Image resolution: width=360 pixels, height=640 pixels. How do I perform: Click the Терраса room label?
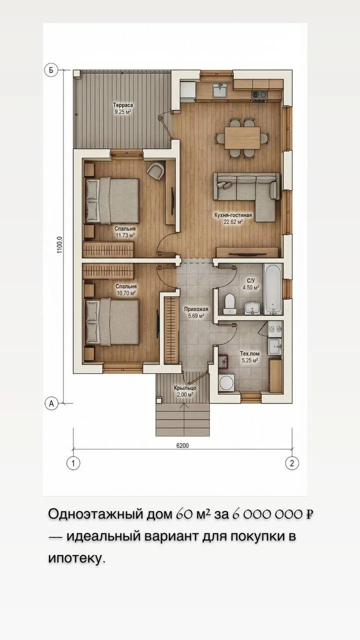[123, 105]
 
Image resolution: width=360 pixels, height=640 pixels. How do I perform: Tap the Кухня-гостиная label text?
[233, 215]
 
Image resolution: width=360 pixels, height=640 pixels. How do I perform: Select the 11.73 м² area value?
[125, 235]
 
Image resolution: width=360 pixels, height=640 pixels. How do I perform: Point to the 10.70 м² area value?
[126, 293]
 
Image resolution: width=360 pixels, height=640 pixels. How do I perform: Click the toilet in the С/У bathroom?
[229, 303]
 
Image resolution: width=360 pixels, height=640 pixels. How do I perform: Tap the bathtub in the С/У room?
[273, 289]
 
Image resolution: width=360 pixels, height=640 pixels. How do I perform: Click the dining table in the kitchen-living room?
[242, 138]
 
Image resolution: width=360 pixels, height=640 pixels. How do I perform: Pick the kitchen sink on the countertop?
[219, 90]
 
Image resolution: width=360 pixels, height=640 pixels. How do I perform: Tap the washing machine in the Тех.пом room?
[226, 382]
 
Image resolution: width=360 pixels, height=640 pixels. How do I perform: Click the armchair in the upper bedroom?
[155, 171]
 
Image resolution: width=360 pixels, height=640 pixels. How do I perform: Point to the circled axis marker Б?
[51, 69]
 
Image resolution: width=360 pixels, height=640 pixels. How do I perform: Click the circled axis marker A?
[51, 403]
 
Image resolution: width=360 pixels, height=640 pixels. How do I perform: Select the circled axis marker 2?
[292, 463]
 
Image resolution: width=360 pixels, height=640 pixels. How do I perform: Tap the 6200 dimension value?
[182, 445]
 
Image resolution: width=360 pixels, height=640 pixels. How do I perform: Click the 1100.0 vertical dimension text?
[59, 244]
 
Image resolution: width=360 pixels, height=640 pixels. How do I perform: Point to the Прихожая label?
[196, 309]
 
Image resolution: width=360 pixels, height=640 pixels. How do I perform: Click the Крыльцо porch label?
[185, 388]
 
